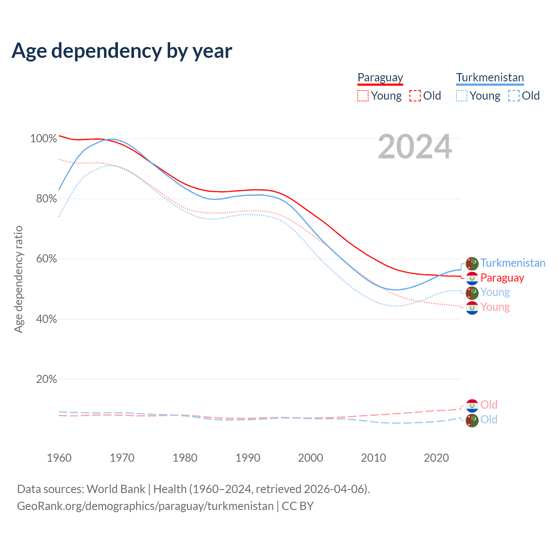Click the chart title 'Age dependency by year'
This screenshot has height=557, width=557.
click(122, 51)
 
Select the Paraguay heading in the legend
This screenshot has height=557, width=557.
click(380, 78)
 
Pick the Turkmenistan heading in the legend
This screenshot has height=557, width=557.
click(490, 78)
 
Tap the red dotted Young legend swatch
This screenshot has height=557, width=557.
click(362, 96)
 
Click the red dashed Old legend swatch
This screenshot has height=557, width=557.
click(415, 96)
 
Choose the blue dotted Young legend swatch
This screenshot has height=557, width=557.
click(462, 96)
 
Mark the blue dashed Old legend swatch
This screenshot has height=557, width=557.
click(514, 96)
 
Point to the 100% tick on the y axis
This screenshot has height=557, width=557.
click(44, 139)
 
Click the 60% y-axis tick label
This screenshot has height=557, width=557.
click(46, 259)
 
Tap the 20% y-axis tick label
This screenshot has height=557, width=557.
click(46, 379)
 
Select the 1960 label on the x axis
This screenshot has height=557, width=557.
click(59, 458)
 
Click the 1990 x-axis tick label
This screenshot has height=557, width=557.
click(248, 458)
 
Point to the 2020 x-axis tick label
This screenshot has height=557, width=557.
click(436, 458)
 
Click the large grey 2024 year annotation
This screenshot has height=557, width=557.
click(415, 147)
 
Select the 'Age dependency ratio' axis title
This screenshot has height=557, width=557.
click(18, 279)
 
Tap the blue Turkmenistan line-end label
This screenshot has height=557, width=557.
click(513, 263)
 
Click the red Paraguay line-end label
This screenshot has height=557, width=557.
click(502, 278)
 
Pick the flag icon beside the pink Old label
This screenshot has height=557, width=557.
click(472, 406)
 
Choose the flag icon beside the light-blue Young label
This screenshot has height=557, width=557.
click(472, 293)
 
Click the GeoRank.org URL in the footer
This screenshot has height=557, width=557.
click(145, 506)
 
